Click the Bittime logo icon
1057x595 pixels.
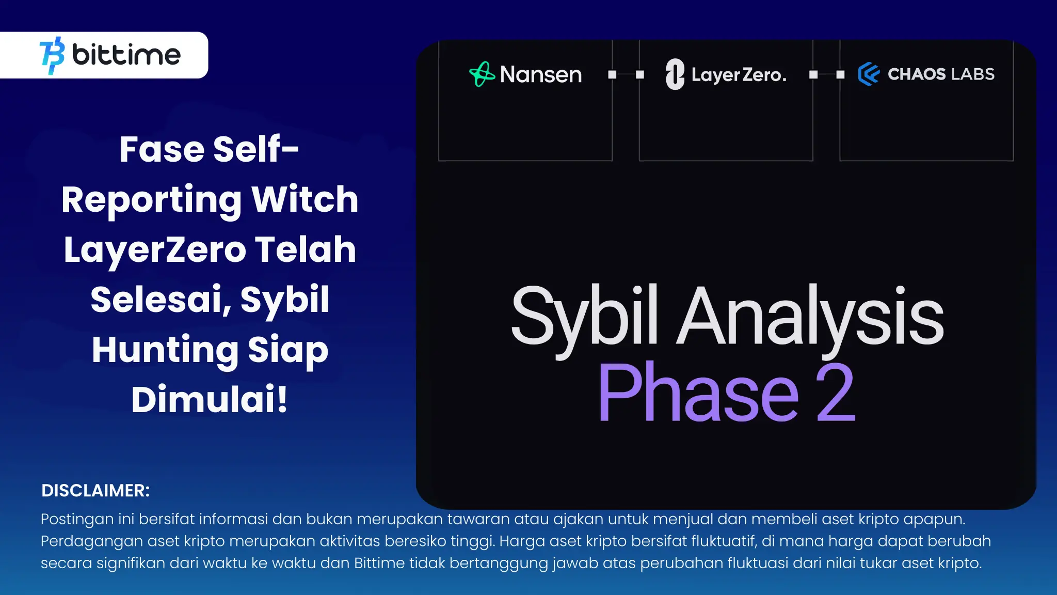coord(52,55)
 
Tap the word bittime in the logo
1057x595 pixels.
coord(126,54)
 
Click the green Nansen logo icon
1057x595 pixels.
coord(482,74)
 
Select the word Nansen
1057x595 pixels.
coord(541,74)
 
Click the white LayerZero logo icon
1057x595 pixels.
coord(675,74)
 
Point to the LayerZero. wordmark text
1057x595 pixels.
coord(739,75)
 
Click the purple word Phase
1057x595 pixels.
coord(698,392)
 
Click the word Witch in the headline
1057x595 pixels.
coord(305,199)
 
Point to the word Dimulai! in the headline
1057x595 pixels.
coord(209,399)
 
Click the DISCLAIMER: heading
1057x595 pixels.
coord(95,491)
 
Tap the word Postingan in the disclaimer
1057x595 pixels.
coord(77,520)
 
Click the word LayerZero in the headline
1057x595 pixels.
coord(155,250)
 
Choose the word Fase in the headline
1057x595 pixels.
coord(162,149)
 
